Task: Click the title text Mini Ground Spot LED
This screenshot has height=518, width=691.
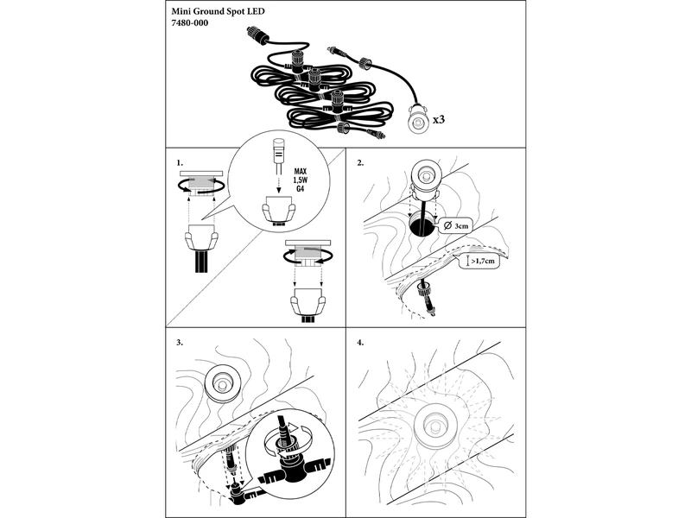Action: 219,11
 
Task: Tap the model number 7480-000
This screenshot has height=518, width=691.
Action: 189,23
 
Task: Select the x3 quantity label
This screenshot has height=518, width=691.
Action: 439,119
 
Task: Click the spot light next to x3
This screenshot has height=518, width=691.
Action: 417,119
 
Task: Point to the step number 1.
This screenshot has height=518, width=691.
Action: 180,163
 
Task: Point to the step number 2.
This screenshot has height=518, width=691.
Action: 360,163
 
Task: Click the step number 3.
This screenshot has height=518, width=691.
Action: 180,342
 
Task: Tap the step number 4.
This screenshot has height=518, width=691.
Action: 360,342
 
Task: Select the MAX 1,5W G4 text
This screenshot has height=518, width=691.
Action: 301,180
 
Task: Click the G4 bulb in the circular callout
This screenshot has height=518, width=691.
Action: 278,156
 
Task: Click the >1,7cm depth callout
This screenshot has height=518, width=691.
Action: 479,262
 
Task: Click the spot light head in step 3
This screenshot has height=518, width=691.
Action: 222,383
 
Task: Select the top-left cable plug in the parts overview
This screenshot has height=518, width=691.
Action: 256,35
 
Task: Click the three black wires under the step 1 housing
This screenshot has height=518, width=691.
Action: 201,262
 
